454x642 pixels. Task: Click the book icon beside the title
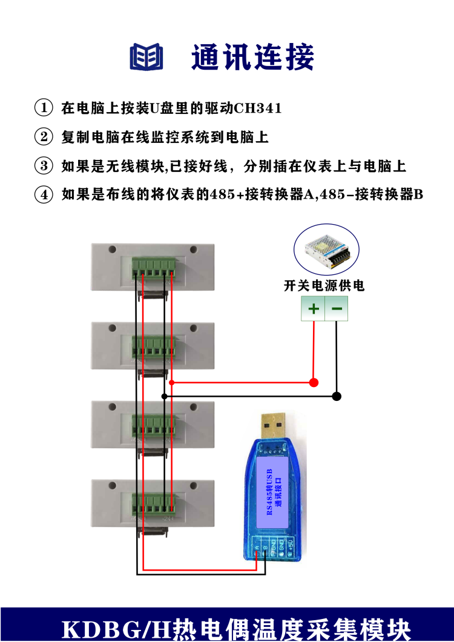147,57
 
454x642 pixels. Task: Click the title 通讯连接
253,58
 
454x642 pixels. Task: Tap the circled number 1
44,108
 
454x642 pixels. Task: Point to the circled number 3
44,166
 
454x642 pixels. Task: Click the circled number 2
44,137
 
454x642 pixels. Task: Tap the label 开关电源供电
324,286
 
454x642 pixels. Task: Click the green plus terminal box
314,309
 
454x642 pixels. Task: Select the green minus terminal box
337,309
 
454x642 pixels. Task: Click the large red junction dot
314,382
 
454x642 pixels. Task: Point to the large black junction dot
337,396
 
